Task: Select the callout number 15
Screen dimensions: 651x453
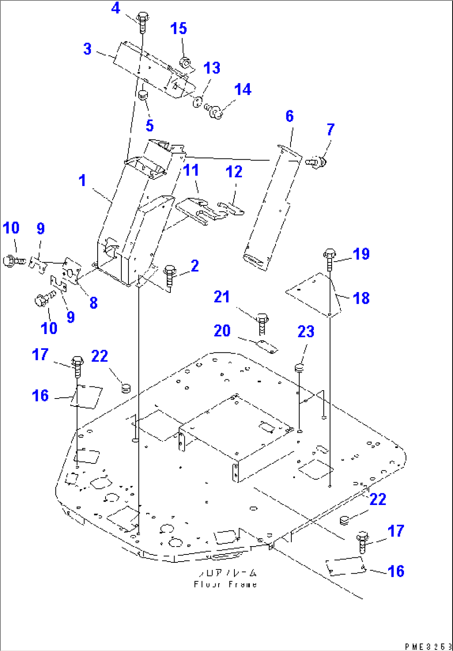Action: click(179, 29)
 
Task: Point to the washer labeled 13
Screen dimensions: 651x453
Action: click(198, 101)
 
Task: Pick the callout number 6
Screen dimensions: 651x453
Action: click(289, 116)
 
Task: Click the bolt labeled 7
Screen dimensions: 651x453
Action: click(317, 161)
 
